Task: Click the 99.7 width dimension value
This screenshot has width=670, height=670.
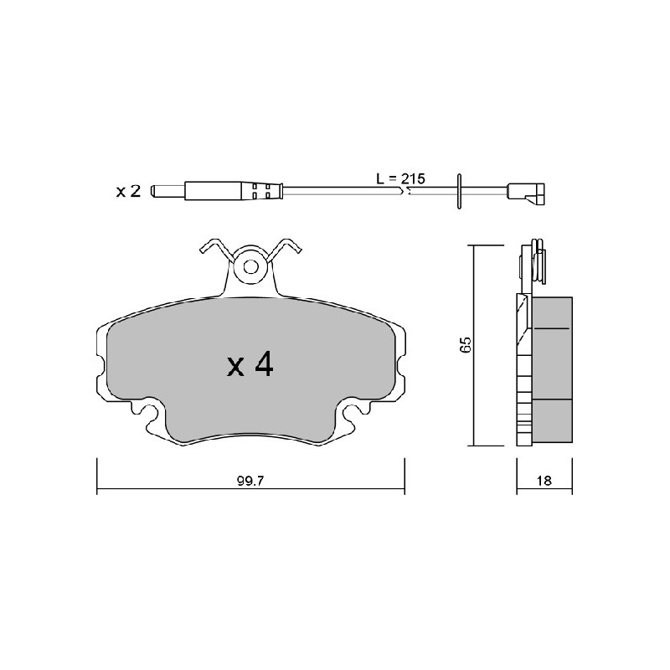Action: [x=250, y=481]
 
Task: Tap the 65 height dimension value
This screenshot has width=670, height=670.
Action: [x=465, y=344]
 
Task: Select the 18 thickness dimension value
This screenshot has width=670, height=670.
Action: [x=544, y=480]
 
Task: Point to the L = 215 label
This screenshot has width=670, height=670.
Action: [x=401, y=178]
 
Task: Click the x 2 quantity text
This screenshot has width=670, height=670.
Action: [x=128, y=191]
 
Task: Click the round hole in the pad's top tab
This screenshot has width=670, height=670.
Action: [x=250, y=267]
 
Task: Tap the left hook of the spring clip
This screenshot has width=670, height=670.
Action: [x=217, y=249]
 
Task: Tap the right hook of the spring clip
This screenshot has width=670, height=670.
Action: [x=285, y=249]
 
